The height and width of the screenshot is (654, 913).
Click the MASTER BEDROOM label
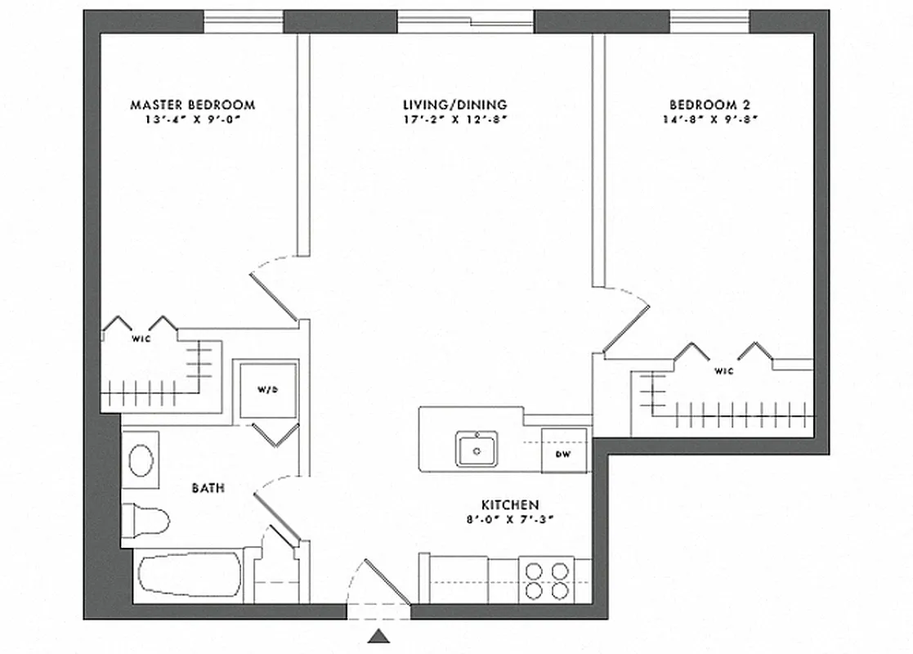(193, 105)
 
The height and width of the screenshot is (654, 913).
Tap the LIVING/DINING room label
(454, 105)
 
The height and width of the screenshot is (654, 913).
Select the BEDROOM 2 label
(709, 105)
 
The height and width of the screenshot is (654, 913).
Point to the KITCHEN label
(509, 505)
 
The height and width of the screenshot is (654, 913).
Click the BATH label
(208, 488)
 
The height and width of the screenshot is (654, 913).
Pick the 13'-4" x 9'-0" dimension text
(193, 119)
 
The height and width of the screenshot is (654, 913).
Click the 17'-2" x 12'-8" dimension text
(455, 119)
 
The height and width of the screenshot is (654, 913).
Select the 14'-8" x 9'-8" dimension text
(710, 119)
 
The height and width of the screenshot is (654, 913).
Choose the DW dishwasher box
(563, 453)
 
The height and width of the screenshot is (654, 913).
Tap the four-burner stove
(547, 580)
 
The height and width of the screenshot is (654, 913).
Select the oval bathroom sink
(141, 461)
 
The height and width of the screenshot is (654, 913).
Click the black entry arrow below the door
(378, 636)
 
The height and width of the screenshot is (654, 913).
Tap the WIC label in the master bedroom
(141, 337)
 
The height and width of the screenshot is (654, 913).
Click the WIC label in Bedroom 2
(724, 370)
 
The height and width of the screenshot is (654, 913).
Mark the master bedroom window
(244, 21)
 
